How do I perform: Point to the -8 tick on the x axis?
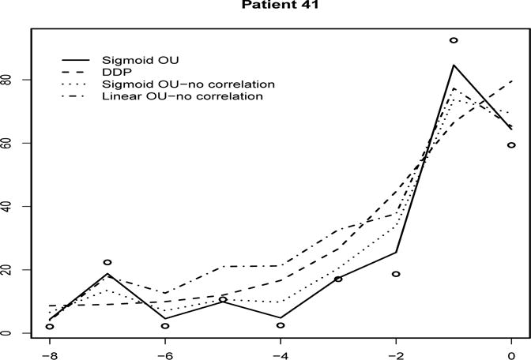tap(49, 353)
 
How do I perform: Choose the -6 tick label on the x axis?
tap(164, 353)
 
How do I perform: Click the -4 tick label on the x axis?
tap(280, 353)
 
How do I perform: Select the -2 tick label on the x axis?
tap(395, 353)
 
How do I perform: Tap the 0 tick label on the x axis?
tap(511, 353)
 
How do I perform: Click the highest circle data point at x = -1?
tap(454, 40)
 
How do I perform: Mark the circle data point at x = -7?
tap(107, 262)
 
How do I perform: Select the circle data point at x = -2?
tap(396, 274)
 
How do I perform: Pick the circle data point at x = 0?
tap(511, 145)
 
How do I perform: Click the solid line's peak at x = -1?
tap(454, 66)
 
